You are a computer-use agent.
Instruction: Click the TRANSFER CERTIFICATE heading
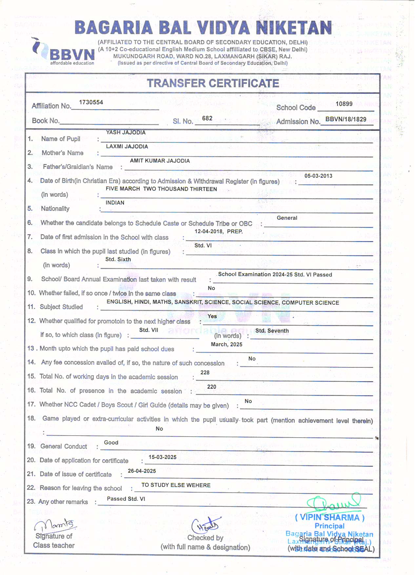pyautogui.click(x=213, y=83)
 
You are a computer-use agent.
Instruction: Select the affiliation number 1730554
pyautogui.click(x=91, y=102)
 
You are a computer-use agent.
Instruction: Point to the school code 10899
pyautogui.click(x=344, y=104)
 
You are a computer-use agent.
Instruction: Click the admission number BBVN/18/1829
pyautogui.click(x=346, y=119)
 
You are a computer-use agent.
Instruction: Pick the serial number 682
pyautogui.click(x=207, y=118)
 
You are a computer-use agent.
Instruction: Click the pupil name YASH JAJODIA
pyautogui.click(x=126, y=133)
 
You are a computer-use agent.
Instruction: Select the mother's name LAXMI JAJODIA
pyautogui.click(x=127, y=147)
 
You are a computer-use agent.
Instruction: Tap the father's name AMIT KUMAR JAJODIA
pyautogui.click(x=160, y=161)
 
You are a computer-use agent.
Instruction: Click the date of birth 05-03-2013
pyautogui.click(x=318, y=176)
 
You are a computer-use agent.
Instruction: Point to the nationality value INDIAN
pyautogui.click(x=115, y=203)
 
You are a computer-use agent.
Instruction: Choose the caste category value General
pyautogui.click(x=287, y=218)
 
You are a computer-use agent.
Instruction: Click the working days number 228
pyautogui.click(x=205, y=372)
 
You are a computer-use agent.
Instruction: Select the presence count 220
pyautogui.click(x=212, y=387)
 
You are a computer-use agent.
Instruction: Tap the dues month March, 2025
pyautogui.click(x=227, y=344)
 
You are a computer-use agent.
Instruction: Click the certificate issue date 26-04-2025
pyautogui.click(x=142, y=471)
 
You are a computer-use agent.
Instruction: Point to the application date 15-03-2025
pyautogui.click(x=162, y=457)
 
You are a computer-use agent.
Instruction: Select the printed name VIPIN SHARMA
pyautogui.click(x=330, y=518)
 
